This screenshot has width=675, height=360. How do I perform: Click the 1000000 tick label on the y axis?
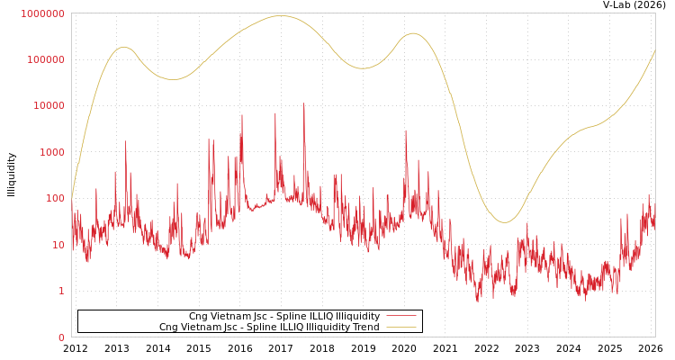pos(43,13)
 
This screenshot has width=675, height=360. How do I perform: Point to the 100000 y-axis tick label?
pos(46,59)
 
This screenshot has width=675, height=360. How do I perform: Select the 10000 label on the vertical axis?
pos(49,106)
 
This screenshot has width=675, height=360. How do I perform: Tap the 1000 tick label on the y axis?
pos(51,152)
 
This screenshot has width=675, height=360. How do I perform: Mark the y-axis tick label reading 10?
pos(58,245)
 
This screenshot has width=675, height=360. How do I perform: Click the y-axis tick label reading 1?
pos(61,291)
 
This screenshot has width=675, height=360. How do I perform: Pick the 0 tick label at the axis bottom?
pos(61,337)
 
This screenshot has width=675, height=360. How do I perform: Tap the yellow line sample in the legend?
pos(401,328)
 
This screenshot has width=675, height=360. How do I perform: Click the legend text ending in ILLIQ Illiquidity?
pos(283,317)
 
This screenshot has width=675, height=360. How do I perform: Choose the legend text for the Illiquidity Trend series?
pos(269,328)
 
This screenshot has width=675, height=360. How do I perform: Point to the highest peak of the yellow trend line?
pos(280,15)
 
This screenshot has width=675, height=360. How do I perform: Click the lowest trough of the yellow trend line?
pos(505,222)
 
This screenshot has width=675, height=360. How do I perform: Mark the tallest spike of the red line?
pos(303,103)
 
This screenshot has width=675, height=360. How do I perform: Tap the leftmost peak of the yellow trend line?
pos(123,47)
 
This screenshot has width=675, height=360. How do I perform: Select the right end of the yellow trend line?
pos(654,51)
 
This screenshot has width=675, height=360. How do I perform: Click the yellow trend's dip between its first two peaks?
pos(174,79)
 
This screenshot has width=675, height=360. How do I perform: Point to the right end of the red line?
pos(654,216)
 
